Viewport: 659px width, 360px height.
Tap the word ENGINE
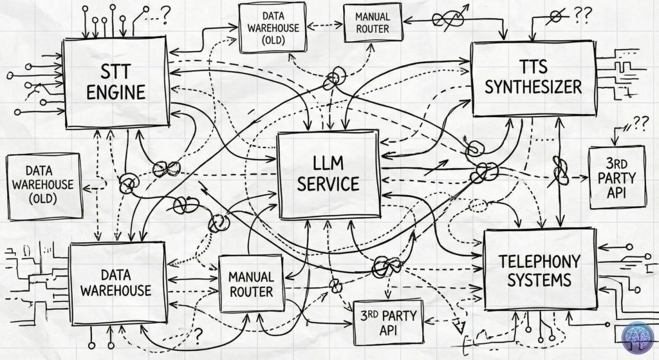coord(116,91)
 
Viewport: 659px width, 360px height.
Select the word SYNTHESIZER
coord(534,86)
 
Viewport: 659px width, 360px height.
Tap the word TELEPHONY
coord(539,261)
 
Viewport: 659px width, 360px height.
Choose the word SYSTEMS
coord(539,281)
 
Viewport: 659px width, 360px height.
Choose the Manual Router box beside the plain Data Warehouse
coord(251,284)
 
